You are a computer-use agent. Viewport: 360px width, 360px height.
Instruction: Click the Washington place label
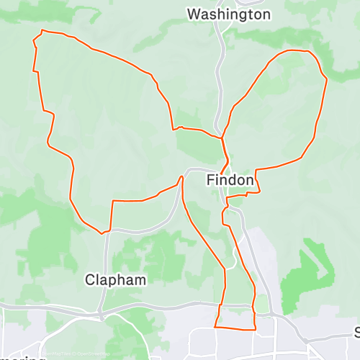pos(219,14)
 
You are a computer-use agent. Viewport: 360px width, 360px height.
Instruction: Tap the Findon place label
pos(230,180)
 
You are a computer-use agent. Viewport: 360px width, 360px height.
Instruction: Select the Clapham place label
pos(115,279)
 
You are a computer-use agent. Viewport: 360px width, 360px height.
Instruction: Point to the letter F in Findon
pos(210,180)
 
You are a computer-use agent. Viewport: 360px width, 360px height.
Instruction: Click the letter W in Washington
pos(193,14)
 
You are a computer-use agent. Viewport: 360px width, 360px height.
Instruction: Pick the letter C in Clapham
pos(91,279)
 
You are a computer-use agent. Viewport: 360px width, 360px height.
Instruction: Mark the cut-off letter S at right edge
pos(357,332)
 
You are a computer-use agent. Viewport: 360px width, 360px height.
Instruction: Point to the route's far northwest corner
pos(42,30)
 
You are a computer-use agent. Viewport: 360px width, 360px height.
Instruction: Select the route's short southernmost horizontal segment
pos(235,328)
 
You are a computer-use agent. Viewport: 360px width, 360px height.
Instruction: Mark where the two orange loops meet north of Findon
pos(222,136)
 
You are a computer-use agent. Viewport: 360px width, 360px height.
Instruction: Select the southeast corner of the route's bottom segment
pos(256,329)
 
